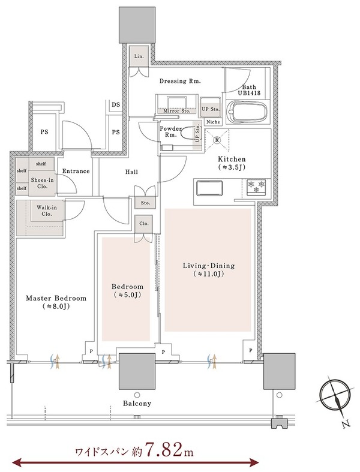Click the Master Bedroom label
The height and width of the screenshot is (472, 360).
pos(56,302)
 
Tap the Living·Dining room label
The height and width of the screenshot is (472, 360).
pos(208,270)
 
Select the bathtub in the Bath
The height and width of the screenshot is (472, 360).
pos(247,112)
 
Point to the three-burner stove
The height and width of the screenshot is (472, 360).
pos(256,187)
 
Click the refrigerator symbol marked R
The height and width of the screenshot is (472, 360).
pos(217,140)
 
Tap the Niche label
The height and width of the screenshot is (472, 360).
pos(213,122)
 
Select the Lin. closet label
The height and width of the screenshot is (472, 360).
pos(139,56)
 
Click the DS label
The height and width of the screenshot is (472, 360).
pos(116,105)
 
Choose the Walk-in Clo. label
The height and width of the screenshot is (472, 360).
pos(47,211)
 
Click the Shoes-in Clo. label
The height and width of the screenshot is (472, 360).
pos(43,183)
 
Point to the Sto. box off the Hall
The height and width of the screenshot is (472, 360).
pos(146,203)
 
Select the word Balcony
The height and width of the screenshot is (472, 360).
pos(137,404)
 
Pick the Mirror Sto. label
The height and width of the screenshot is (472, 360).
pos(176,111)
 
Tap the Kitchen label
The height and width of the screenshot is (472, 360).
pos(232,163)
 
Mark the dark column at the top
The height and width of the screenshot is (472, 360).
pos(137,25)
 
